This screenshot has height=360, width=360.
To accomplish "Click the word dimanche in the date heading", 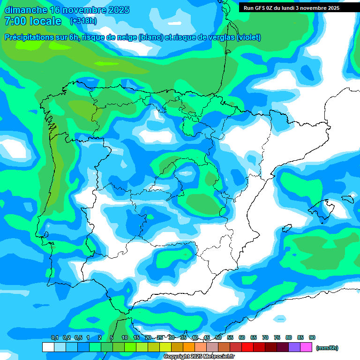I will click(x=26, y=10).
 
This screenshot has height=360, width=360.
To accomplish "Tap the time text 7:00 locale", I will click(x=33, y=21).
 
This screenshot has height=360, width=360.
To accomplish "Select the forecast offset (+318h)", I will click(x=84, y=21).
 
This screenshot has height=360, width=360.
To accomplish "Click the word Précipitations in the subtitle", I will click(x=30, y=37).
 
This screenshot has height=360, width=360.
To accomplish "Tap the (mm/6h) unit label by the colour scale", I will click(x=327, y=348).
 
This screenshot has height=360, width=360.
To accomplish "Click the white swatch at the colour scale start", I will click(x=48, y=347).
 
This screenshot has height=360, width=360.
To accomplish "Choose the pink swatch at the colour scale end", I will click(x=306, y=347).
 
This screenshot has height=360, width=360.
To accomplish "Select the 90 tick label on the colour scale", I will click(x=312, y=337).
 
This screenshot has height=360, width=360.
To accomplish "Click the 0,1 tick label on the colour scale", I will click(x=55, y=337).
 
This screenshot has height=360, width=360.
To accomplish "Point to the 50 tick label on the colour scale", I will click(x=218, y=337).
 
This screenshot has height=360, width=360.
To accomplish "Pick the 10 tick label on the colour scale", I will click(x=125, y=337).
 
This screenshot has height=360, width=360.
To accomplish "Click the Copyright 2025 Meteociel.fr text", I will click(x=199, y=356).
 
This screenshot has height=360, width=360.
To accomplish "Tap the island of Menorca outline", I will click(x=347, y=199).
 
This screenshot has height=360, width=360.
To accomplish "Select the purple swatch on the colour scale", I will click(x=294, y=347).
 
